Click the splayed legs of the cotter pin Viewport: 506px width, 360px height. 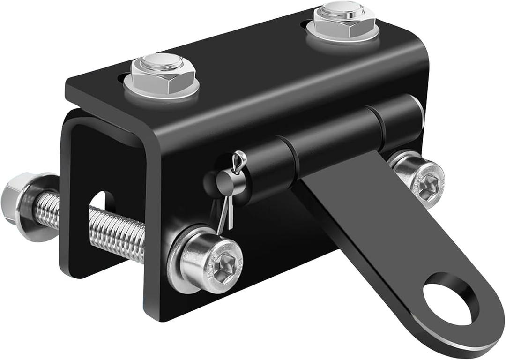pyautogui.click(x=225, y=216)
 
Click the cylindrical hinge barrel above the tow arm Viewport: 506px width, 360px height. pyautogui.click(x=337, y=131)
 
